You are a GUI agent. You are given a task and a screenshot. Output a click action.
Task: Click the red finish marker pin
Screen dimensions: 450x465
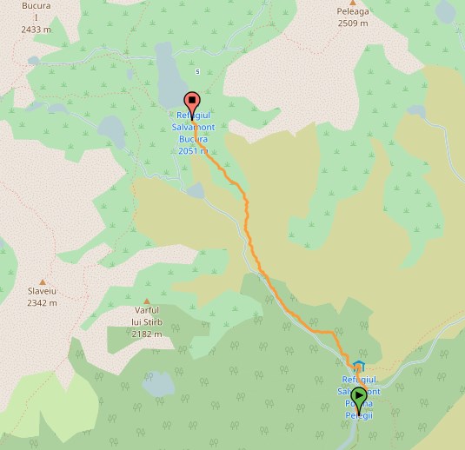click(191, 101)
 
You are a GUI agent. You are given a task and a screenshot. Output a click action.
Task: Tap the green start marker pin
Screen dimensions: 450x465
click(358, 397)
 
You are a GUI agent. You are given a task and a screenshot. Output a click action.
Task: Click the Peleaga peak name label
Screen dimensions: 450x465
click(353, 13)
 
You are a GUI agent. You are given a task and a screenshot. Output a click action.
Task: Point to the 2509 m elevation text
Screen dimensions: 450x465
click(353, 23)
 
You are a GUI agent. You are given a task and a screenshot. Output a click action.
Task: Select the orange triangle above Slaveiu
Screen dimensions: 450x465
click(42, 258)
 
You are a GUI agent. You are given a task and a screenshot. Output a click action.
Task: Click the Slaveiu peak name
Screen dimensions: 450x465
click(42, 291)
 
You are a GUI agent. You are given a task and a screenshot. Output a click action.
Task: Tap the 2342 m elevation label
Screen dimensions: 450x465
click(42, 303)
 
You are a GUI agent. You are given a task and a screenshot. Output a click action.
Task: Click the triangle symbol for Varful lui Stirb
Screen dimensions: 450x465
click(146, 300)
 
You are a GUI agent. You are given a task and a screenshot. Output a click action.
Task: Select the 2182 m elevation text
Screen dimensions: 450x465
click(147, 334)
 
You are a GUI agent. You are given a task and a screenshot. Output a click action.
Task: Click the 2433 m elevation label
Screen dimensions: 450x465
click(36, 29)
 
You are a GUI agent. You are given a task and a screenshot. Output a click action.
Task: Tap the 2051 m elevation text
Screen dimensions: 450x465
click(192, 150)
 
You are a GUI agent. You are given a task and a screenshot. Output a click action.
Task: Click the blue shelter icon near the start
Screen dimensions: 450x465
click(359, 366)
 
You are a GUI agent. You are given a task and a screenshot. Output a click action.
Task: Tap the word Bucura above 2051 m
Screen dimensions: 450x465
click(192, 139)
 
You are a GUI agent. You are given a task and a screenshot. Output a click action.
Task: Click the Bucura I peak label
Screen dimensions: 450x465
click(36, 11)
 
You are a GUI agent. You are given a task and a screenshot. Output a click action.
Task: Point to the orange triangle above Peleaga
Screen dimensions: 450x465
click(353, 2)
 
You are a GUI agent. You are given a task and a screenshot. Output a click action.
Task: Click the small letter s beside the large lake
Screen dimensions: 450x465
click(198, 71)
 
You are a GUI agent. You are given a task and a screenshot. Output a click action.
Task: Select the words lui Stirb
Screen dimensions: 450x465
click(147, 322)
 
